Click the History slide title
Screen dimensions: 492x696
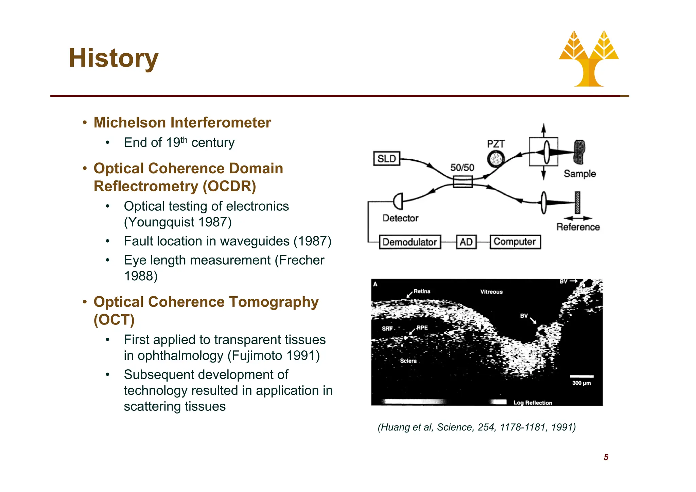(x=114, y=58)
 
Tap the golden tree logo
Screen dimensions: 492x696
(x=589, y=59)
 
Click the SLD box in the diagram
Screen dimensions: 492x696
(x=387, y=159)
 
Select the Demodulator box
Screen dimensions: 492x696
(x=410, y=242)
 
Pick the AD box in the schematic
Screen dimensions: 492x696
(x=466, y=242)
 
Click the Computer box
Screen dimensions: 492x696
(x=515, y=242)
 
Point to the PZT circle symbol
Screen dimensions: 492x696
(x=496, y=159)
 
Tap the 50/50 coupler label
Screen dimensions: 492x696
(x=462, y=168)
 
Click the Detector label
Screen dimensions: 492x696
(x=400, y=218)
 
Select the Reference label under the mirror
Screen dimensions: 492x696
(x=578, y=227)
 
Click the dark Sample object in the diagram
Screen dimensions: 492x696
(x=579, y=152)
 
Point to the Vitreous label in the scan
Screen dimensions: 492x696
(x=491, y=292)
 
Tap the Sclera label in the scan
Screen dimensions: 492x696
(x=408, y=361)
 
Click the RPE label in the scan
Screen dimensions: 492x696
(x=422, y=328)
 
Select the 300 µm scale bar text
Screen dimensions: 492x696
(x=581, y=383)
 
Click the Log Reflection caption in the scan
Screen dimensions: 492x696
(x=533, y=403)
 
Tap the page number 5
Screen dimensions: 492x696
(x=606, y=457)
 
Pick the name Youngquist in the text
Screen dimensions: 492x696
(x=161, y=222)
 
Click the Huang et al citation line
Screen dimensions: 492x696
(x=476, y=427)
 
